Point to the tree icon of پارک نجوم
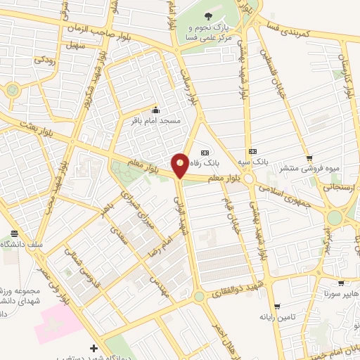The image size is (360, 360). [208, 15]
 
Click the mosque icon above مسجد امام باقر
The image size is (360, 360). [156, 110]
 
